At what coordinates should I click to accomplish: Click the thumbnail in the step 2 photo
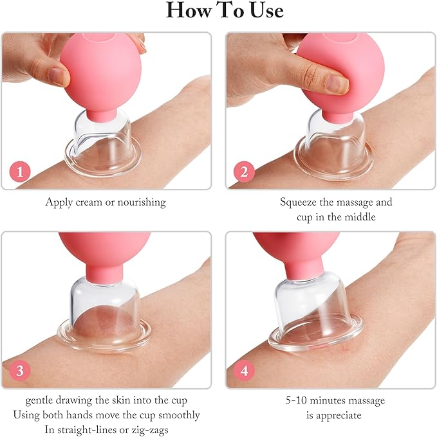point(336,83)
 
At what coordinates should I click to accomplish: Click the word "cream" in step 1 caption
point(88,202)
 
